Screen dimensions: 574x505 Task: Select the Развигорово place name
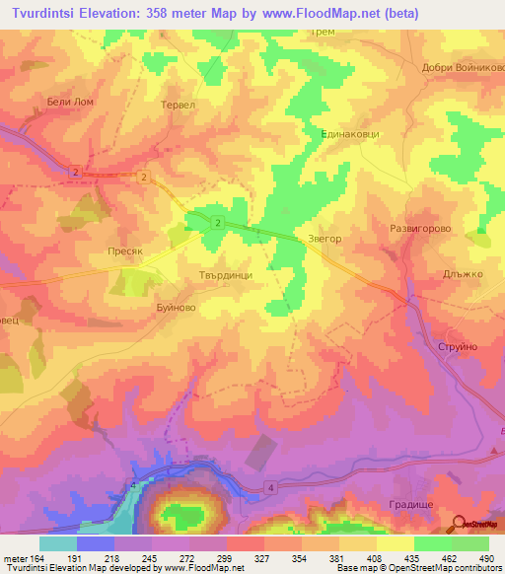420,227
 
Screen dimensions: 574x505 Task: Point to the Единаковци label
350,133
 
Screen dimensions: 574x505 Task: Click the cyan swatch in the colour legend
58,543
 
